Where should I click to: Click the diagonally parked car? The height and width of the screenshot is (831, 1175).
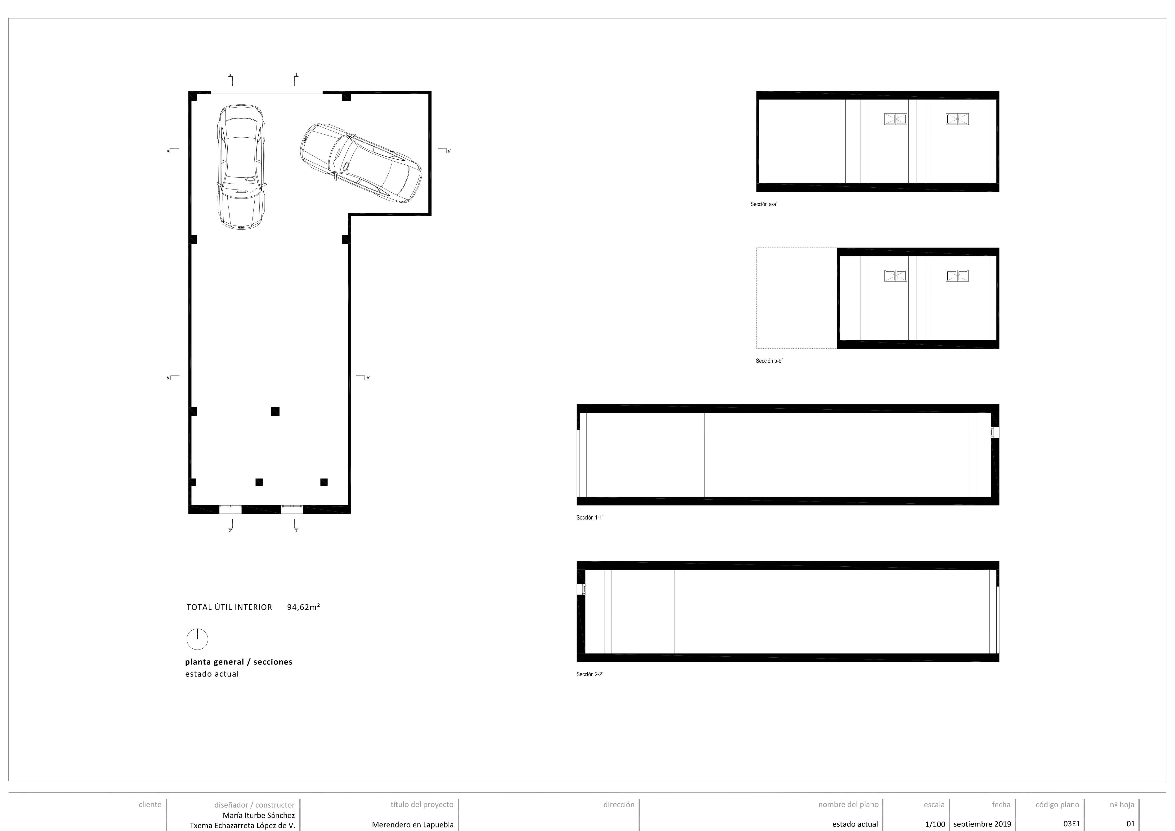pos(361,162)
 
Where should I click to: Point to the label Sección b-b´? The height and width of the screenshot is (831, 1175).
pos(769,361)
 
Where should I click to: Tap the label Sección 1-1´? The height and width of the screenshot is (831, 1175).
pos(590,517)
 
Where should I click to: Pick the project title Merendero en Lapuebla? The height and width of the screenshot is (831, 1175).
pos(413,824)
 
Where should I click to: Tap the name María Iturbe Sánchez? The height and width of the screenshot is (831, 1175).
pos(258,815)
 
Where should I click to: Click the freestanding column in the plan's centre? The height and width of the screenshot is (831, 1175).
pos(275,411)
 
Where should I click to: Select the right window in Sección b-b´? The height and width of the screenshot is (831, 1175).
pos(957,276)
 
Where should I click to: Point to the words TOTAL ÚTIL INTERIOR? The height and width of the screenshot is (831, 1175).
pos(229,607)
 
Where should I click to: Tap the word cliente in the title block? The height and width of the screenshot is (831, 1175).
pos(150,804)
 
